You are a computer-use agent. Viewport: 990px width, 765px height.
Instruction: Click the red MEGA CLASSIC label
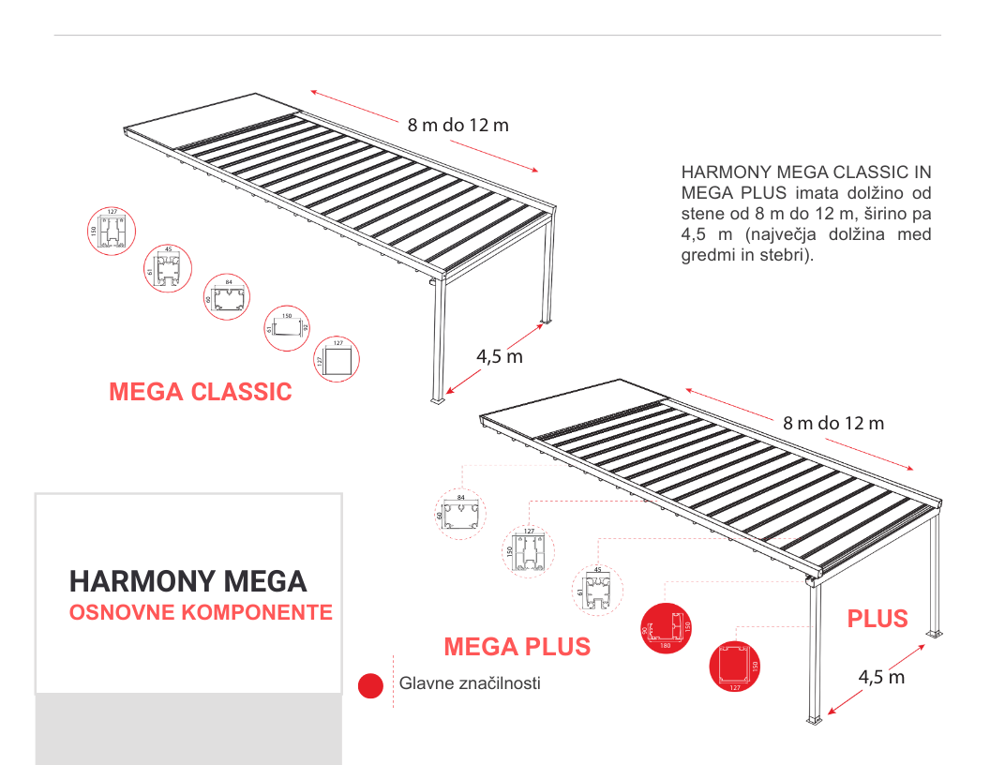(201, 392)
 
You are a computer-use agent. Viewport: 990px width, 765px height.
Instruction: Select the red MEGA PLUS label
(517, 647)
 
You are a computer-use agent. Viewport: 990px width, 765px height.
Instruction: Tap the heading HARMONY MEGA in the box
(187, 581)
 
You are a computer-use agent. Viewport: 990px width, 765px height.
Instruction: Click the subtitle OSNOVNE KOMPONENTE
(201, 613)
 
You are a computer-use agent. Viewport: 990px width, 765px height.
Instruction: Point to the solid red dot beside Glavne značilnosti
(371, 685)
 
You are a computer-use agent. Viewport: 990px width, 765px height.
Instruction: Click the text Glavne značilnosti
(470, 683)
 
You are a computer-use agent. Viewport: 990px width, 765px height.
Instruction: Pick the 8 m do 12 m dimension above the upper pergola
(457, 125)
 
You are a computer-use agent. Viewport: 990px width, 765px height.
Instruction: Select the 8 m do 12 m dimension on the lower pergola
(833, 423)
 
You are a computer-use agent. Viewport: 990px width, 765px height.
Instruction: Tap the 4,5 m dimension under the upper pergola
(499, 356)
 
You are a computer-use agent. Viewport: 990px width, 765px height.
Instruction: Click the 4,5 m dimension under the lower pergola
(881, 677)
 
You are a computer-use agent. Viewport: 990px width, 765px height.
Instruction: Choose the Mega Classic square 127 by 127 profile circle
(337, 358)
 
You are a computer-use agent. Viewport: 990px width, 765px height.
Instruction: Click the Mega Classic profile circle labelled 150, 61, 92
(288, 327)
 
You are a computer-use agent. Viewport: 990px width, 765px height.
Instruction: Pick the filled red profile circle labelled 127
(734, 665)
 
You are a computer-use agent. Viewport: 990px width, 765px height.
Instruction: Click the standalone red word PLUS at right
(877, 619)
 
